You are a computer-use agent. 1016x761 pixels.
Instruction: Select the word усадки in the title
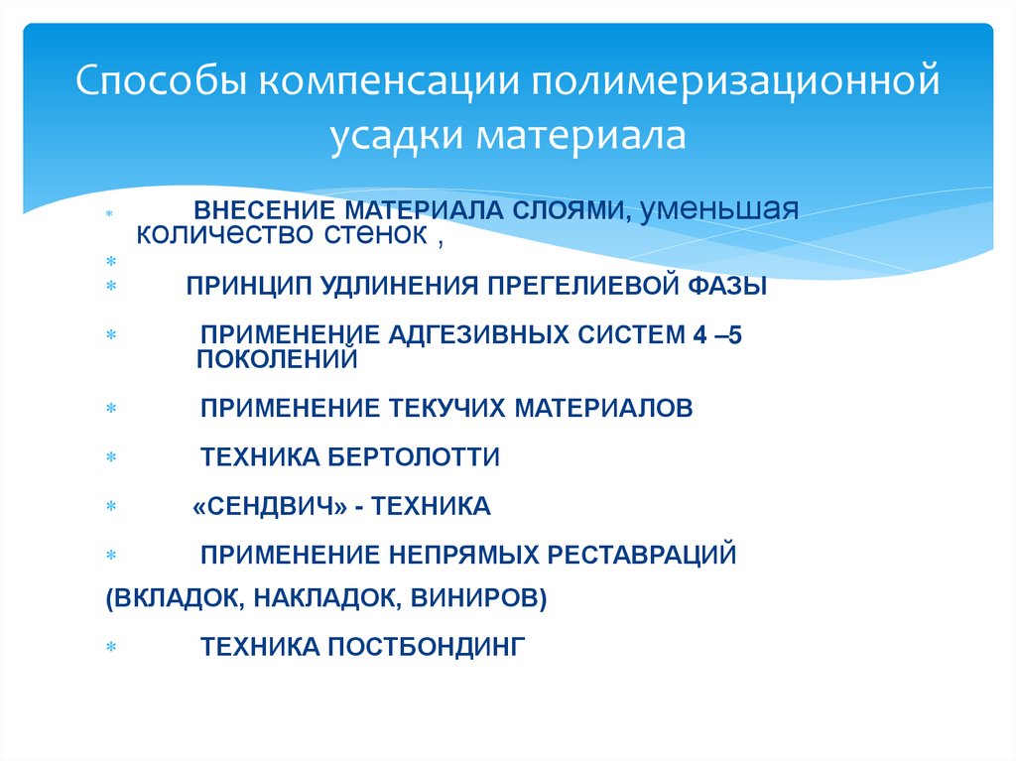392,135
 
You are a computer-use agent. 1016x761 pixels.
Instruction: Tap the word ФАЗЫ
726,287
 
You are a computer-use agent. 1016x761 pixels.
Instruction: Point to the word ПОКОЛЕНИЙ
276,359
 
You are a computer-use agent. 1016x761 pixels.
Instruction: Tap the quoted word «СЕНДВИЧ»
269,507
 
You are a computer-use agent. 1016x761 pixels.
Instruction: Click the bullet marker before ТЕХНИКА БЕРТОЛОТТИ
111,458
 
